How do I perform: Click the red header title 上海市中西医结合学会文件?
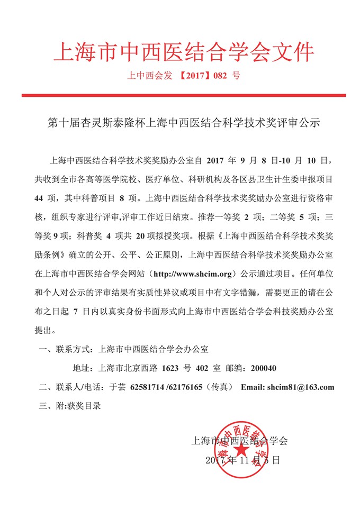pos(184,52)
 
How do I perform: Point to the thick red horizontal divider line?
pos(184,95)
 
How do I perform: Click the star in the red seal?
pos(242,450)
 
